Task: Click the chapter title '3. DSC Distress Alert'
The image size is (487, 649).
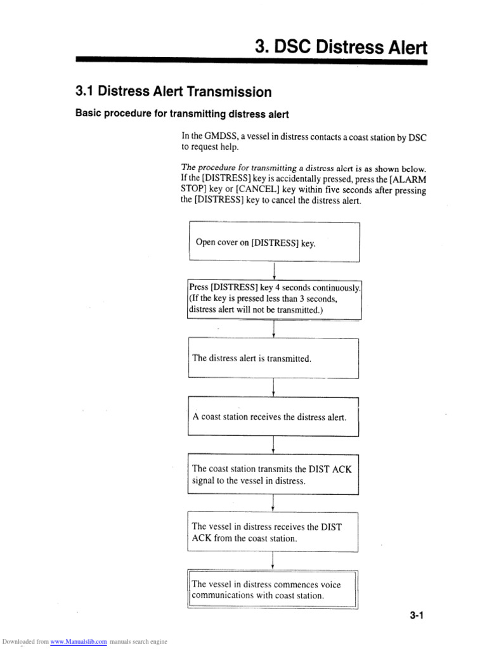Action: [341, 47]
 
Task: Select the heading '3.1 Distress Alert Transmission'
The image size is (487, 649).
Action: [173, 92]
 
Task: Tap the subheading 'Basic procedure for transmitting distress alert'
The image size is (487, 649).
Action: [182, 114]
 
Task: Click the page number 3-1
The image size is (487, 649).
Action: [416, 615]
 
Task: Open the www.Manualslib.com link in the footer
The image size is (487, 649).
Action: [79, 641]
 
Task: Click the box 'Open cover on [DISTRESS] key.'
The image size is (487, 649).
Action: [274, 242]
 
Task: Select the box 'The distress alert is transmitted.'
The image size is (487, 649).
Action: [273, 358]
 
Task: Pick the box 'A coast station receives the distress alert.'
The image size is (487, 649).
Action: [273, 417]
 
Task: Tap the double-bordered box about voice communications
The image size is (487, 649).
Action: [273, 590]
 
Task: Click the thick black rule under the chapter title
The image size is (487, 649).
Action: [251, 61]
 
